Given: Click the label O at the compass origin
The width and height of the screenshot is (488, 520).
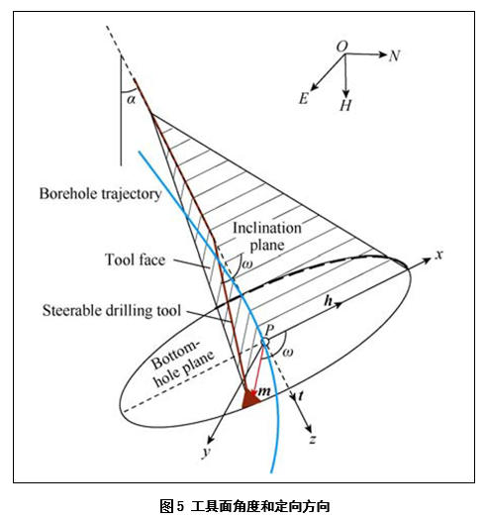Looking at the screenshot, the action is pos(342,47).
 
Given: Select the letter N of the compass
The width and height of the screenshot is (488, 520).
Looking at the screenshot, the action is pos(394,55).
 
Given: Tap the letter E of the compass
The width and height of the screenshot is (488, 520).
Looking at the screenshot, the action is pos(304,98).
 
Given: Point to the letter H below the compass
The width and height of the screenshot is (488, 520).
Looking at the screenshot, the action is pos(345,105).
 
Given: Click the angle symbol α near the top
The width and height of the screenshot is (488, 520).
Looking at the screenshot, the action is pos(132,99).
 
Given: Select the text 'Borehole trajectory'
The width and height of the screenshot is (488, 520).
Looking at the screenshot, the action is pos(100,194).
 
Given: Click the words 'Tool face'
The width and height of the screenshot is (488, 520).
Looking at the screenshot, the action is pos(135,260).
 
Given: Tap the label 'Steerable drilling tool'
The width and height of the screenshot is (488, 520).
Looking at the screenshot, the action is pos(112,310).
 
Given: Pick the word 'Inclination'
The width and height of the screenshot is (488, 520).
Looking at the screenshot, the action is pos(267,228).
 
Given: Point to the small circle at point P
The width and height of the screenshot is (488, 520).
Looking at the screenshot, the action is pos(265,342).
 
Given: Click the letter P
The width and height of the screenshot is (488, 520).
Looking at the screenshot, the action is pos(269,330).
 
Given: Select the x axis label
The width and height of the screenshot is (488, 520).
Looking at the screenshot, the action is pos(439,255).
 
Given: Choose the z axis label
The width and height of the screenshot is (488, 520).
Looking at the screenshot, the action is pos(312,440).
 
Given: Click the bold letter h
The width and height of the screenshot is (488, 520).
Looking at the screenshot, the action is pos(329,301).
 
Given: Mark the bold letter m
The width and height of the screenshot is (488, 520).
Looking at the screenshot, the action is pos(264,391).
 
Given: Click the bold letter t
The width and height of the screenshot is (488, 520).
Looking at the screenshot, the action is pos(301,395).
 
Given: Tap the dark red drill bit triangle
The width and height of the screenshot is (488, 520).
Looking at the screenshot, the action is pos(250,398).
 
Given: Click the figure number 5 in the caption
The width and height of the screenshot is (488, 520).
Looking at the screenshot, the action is pos(180,506).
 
